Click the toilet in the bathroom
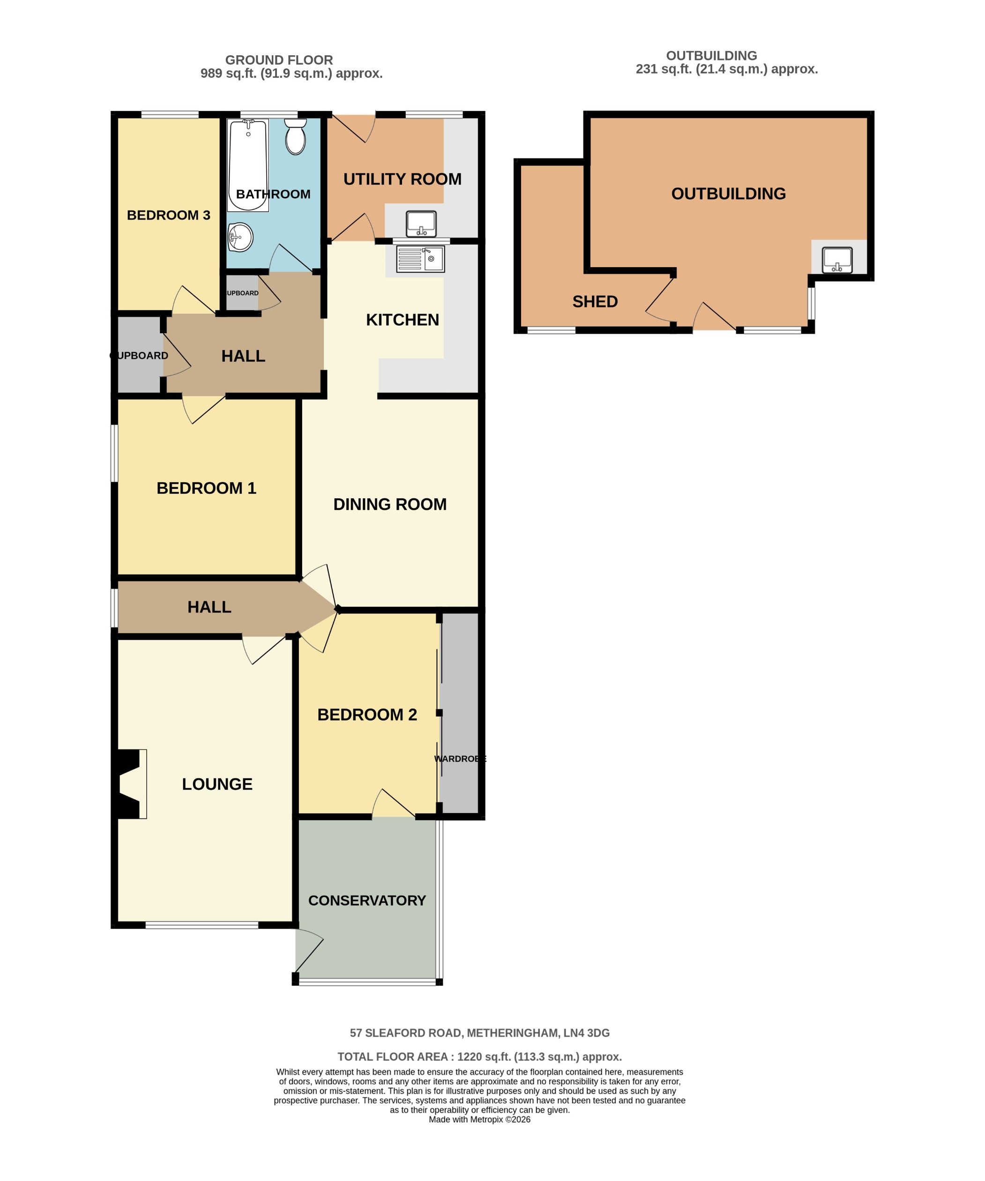click(x=295, y=137)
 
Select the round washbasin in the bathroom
click(x=241, y=237)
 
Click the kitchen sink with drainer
click(x=420, y=259)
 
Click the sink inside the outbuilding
click(x=837, y=260)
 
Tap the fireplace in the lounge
click(x=130, y=784)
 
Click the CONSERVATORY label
click(x=366, y=900)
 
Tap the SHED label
click(x=595, y=302)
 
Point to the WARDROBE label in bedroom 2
click(x=459, y=759)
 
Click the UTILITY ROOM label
click(x=402, y=179)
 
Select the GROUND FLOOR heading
click(x=279, y=60)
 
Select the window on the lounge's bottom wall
click(x=202, y=925)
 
